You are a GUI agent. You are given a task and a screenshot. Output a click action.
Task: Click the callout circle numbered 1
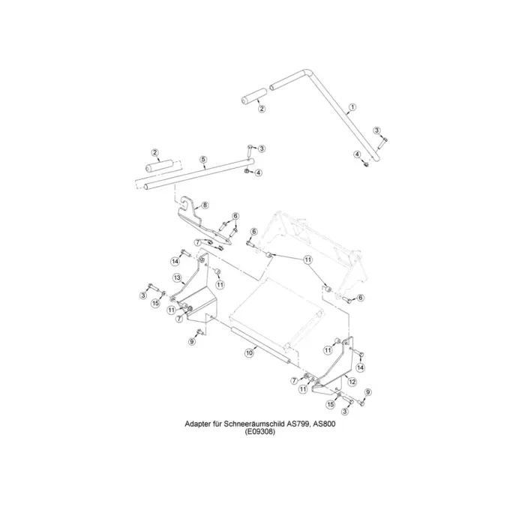[x=352, y=109]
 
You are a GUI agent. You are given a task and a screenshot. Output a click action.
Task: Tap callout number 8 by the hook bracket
[x=205, y=204]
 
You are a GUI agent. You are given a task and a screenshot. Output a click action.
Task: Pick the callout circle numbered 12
[x=352, y=381]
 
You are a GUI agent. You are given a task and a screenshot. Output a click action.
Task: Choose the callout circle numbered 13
[x=178, y=278]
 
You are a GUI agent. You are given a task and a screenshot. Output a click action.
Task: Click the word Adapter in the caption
[x=199, y=423]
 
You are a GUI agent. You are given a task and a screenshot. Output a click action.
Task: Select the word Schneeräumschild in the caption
[x=255, y=423]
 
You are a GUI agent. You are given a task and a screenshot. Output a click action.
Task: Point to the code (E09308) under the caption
[x=262, y=432]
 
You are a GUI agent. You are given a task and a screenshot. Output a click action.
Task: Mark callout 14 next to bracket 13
[x=175, y=261]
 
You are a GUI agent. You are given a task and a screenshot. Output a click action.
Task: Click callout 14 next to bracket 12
[x=361, y=367]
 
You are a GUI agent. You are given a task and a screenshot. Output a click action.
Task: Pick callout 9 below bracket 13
[x=191, y=341]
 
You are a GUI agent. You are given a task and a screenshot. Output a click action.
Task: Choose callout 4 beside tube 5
[x=259, y=172]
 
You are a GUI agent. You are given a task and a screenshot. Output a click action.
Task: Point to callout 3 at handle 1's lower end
[x=377, y=130]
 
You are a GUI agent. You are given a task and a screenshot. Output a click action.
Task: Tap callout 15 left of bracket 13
[x=155, y=303]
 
